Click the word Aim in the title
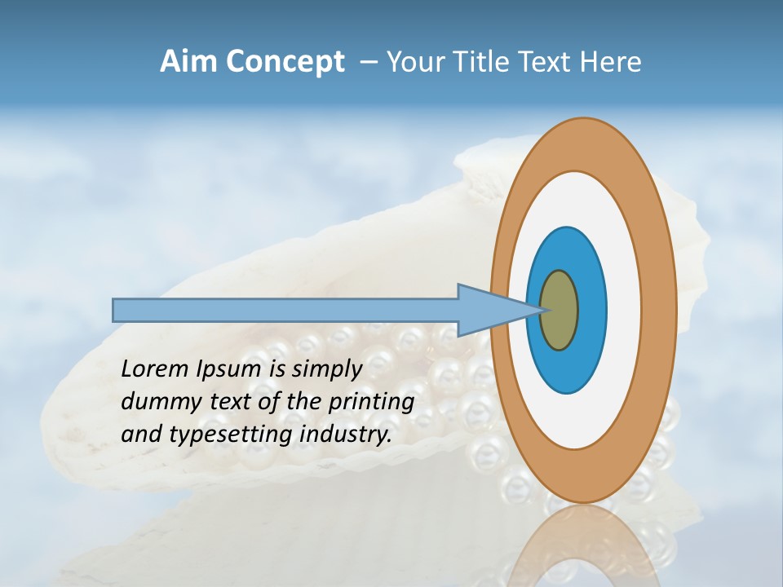(x=188, y=62)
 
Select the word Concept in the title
(x=284, y=63)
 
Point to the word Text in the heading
(x=546, y=62)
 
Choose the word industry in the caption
(x=346, y=435)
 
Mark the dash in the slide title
(x=368, y=63)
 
